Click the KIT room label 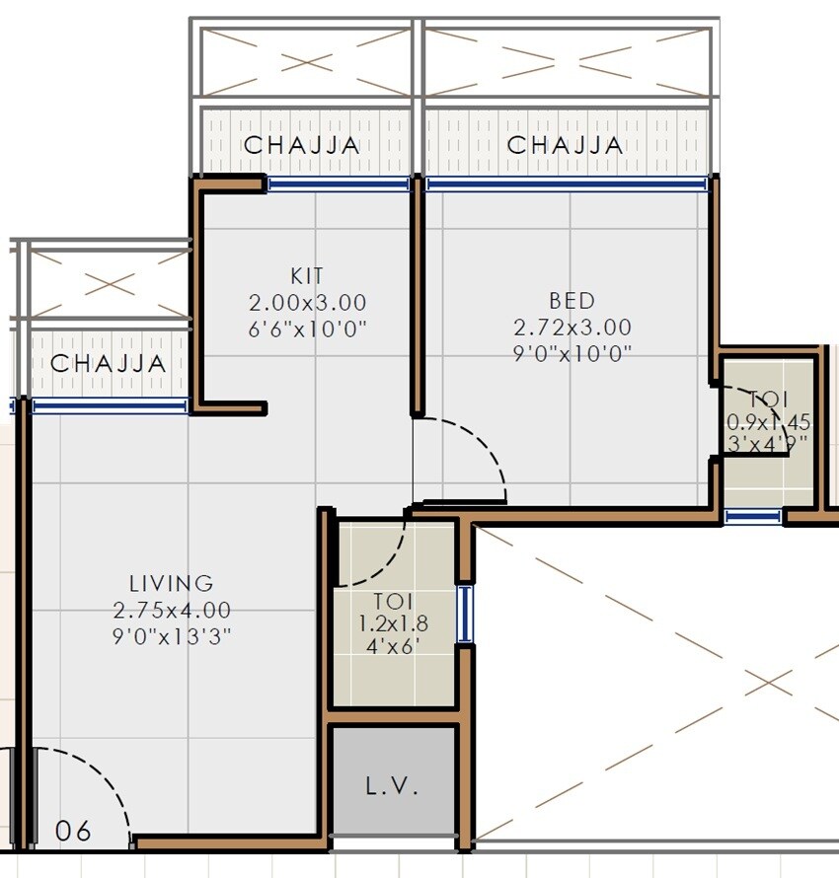307,276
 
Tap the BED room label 572,300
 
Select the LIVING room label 171,583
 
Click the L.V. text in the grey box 393,787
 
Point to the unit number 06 74,831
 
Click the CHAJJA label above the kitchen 302,145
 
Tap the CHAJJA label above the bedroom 566,145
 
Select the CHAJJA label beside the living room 109,363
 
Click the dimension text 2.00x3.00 307,302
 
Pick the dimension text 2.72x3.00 572,327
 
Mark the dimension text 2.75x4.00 172,610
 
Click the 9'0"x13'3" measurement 172,636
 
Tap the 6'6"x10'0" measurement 307,329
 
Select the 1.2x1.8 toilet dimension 392,624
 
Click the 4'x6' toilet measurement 392,648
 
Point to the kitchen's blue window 339,183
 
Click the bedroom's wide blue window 566,183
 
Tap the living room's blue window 109,405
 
